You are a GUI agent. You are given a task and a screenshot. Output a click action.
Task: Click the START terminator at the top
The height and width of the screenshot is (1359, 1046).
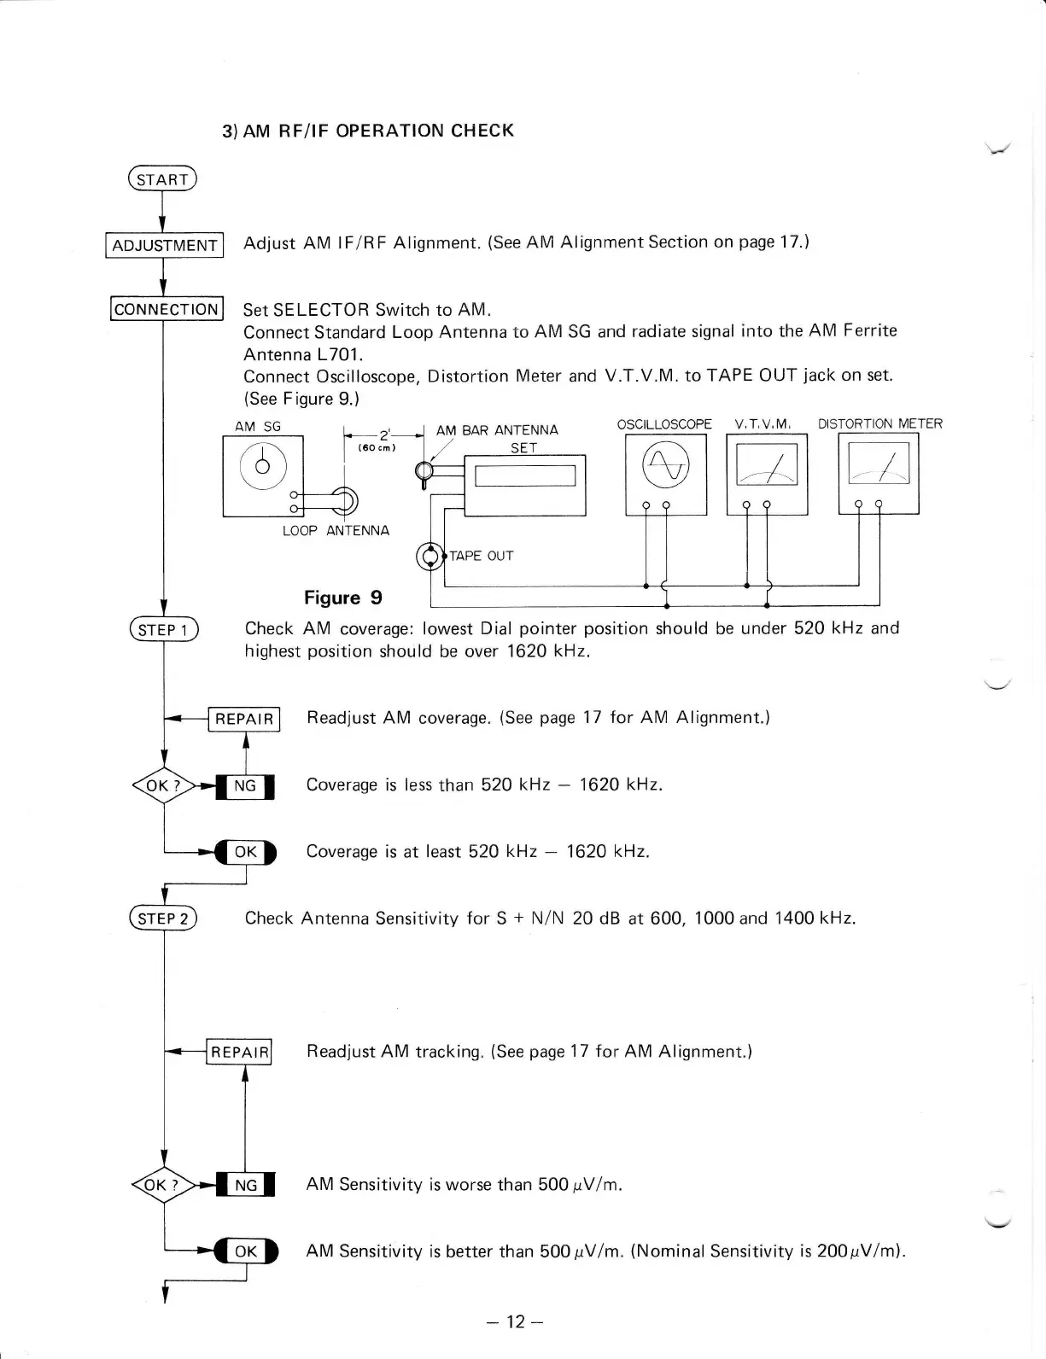161,179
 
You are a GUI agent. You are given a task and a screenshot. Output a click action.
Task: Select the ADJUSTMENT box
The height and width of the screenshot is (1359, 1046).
165,246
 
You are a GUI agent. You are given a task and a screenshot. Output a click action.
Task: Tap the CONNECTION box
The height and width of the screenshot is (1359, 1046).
167,309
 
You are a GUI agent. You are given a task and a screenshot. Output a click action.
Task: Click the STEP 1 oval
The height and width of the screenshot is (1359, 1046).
162,630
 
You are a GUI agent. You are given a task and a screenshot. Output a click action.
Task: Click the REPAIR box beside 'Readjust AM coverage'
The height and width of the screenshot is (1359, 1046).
244,719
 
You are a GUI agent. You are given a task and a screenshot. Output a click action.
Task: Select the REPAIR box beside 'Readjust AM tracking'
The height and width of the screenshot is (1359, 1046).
241,1053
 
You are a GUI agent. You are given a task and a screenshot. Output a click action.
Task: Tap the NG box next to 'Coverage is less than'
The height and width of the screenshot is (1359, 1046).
245,786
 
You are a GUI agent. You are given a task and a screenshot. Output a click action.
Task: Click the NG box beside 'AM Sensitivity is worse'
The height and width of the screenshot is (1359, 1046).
245,1185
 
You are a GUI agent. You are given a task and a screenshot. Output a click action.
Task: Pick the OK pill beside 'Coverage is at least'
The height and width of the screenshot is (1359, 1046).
246,852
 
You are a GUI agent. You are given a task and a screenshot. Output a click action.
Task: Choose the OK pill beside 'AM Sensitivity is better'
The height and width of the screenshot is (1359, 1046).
246,1252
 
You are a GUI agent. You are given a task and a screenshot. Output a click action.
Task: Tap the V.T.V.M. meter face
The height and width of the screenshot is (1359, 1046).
766,467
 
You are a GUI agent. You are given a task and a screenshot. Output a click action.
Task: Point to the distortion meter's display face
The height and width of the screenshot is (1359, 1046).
879,466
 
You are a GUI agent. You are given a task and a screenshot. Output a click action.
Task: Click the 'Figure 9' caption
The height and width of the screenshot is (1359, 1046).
343,598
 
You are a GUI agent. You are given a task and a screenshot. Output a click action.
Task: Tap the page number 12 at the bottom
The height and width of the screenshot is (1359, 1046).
514,1321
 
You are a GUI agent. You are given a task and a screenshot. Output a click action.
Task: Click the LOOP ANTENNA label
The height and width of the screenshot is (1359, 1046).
336,531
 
